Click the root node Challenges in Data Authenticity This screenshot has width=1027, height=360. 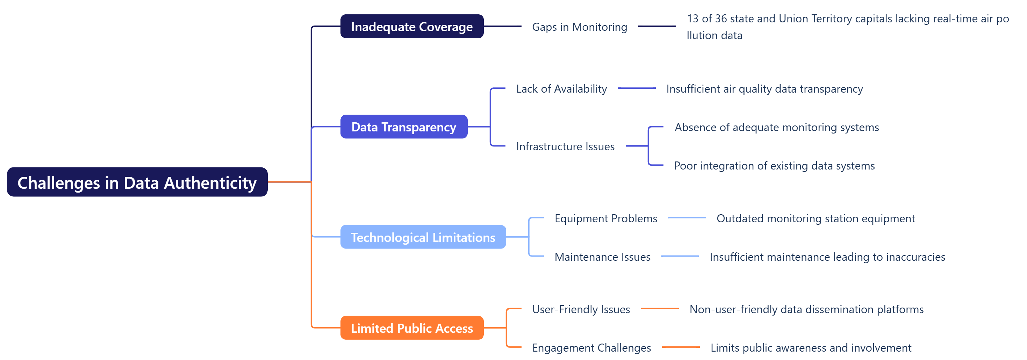point(137,182)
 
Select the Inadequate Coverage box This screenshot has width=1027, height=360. point(411,27)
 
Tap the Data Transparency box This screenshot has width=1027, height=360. point(403,127)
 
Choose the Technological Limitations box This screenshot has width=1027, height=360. point(423,237)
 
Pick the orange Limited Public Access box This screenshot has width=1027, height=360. point(411,328)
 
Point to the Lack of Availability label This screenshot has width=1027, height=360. point(561,88)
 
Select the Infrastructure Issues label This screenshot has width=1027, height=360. point(565,146)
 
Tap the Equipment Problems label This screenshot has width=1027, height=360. point(605,218)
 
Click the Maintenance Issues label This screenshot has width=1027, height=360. point(602,257)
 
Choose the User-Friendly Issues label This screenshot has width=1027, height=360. point(581,309)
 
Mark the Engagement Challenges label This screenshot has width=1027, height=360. point(591,348)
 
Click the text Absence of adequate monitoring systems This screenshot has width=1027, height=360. point(776,127)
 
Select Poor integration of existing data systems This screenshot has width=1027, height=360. point(774,166)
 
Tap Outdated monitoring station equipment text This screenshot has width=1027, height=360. point(815,218)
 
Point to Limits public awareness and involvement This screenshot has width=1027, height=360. point(811,348)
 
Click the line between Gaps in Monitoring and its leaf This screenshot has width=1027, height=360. point(656,26)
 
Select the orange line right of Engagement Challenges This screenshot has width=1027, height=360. point(681,347)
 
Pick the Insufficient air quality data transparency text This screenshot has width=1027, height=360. point(764,88)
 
